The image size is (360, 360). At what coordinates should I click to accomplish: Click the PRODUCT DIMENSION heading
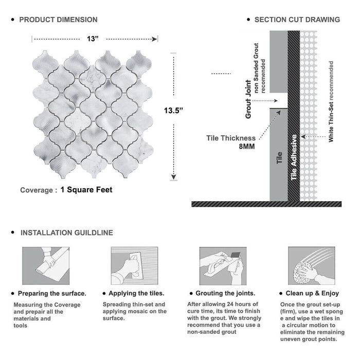[58, 20]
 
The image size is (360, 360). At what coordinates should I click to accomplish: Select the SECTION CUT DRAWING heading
[297, 20]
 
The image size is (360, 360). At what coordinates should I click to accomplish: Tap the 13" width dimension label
[93, 39]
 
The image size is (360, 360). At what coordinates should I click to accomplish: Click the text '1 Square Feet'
[86, 190]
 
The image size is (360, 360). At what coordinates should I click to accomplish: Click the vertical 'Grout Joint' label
[248, 99]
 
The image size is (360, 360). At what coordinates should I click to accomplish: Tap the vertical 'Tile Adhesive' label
[294, 157]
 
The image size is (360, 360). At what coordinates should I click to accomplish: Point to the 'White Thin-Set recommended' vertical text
[331, 101]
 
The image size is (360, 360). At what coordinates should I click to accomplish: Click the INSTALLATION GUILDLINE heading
[66, 233]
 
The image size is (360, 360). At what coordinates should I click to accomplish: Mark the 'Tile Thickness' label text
[231, 138]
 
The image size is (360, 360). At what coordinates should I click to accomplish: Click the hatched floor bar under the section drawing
[266, 204]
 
